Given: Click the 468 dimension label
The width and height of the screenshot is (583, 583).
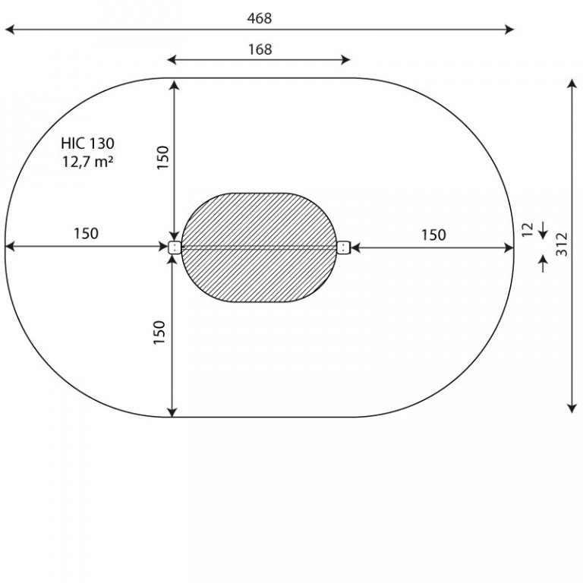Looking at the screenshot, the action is [x=260, y=18].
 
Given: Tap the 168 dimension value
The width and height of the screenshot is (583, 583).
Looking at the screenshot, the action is [x=260, y=49].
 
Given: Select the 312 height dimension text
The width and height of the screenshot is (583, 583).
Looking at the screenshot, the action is [x=562, y=244].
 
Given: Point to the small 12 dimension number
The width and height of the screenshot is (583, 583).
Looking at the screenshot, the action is [x=528, y=229].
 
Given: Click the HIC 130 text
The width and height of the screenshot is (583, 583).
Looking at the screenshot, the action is [x=88, y=143].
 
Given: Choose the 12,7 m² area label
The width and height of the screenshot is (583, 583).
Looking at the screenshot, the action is [x=87, y=162].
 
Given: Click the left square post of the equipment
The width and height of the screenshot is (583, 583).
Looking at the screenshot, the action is [x=175, y=247].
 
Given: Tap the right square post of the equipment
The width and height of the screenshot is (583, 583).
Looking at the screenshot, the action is [x=344, y=247].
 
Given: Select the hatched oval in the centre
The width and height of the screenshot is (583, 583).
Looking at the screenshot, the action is [x=259, y=247].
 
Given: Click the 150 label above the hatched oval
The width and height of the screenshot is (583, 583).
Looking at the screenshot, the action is [x=163, y=158].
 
